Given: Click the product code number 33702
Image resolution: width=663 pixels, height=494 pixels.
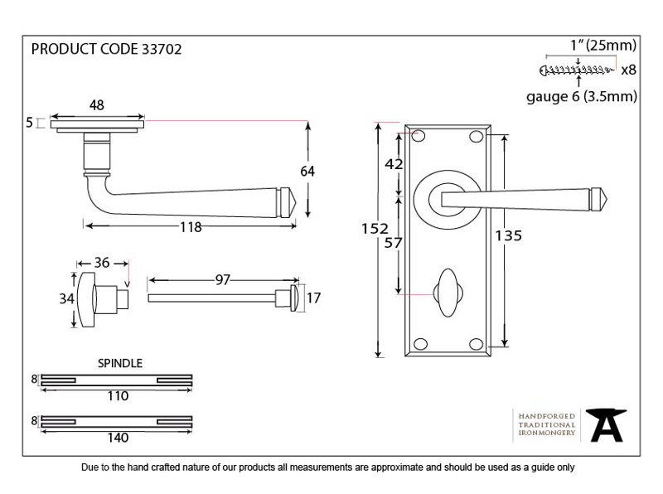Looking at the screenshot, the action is [162, 49].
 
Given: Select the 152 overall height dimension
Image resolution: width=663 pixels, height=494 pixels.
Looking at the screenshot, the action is [375, 229].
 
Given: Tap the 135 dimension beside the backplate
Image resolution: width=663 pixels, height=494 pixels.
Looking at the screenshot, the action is [509, 235].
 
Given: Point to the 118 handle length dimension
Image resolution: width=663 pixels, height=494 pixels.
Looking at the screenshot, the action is [191, 227].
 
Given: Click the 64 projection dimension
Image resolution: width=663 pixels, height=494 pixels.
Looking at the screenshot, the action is [307, 172].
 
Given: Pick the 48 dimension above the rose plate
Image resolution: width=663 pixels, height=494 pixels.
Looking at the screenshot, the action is [97, 105].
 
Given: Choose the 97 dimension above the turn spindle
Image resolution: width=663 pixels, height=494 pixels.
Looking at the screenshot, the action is [222, 280].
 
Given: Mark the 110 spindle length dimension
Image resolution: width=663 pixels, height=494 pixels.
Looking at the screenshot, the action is [118, 396].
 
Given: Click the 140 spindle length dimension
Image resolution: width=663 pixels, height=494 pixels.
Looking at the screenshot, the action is [118, 438].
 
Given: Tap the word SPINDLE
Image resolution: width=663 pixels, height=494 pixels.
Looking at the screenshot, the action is [120, 363].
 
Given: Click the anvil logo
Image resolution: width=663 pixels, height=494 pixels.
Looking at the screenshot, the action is [606, 424].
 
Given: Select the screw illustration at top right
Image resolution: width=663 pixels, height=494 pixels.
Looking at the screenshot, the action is [577, 70].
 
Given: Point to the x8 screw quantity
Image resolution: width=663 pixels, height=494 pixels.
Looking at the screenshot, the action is [628, 70].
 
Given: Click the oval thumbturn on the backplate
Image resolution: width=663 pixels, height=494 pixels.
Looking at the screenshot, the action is [448, 293].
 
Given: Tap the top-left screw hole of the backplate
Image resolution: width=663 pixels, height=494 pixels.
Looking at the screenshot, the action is [419, 136].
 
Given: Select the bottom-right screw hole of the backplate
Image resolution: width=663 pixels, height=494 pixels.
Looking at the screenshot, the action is [476, 344].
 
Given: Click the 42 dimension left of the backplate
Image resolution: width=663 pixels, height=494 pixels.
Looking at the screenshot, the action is [394, 164].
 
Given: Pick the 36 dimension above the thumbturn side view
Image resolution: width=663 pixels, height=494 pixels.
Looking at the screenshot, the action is [102, 263].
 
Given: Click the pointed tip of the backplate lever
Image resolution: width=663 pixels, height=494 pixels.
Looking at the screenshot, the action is [607, 198].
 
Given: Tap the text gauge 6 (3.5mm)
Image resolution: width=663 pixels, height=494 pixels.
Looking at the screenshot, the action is [582, 97].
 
